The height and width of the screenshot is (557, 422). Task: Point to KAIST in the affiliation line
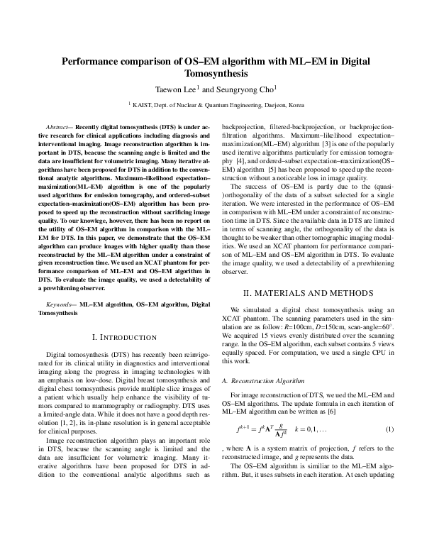coord(145,104)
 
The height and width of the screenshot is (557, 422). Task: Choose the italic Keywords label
coord(58,304)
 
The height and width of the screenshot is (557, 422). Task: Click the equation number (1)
coord(389,429)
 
